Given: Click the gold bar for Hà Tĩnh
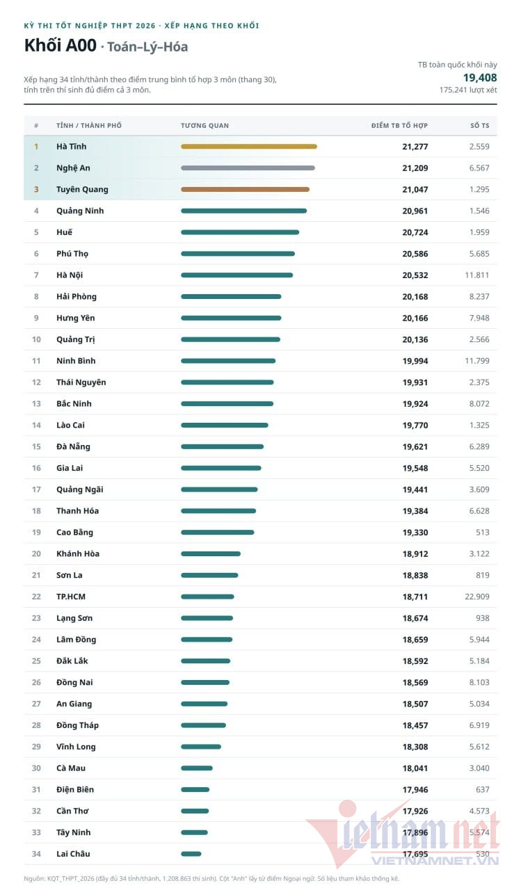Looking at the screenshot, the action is click(249, 147).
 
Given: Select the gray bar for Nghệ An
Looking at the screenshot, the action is click(248, 168).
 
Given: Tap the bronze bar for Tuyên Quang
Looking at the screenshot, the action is click(246, 190).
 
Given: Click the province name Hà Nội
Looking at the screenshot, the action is click(70, 275).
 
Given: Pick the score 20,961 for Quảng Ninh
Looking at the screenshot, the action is click(415, 211).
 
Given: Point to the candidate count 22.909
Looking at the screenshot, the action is click(477, 597).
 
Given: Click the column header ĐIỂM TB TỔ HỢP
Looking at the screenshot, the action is click(399, 126).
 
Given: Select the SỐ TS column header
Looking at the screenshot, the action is click(480, 126).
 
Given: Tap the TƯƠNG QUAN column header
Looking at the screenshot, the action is click(205, 126).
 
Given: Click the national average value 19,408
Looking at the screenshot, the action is click(480, 77).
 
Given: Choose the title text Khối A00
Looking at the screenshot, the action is click(61, 45).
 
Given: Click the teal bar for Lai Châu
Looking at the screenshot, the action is click(191, 854).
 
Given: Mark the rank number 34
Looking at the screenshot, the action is click(36, 854).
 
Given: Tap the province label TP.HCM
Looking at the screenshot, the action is click(71, 597).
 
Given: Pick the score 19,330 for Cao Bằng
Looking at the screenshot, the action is click(415, 533).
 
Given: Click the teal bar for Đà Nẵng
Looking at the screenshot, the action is click(222, 446).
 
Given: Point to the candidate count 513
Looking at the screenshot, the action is click(483, 533).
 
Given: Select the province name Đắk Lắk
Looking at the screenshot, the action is click(72, 661).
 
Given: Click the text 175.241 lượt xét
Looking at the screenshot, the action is click(468, 90).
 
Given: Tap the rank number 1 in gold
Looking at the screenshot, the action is click(36, 147).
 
